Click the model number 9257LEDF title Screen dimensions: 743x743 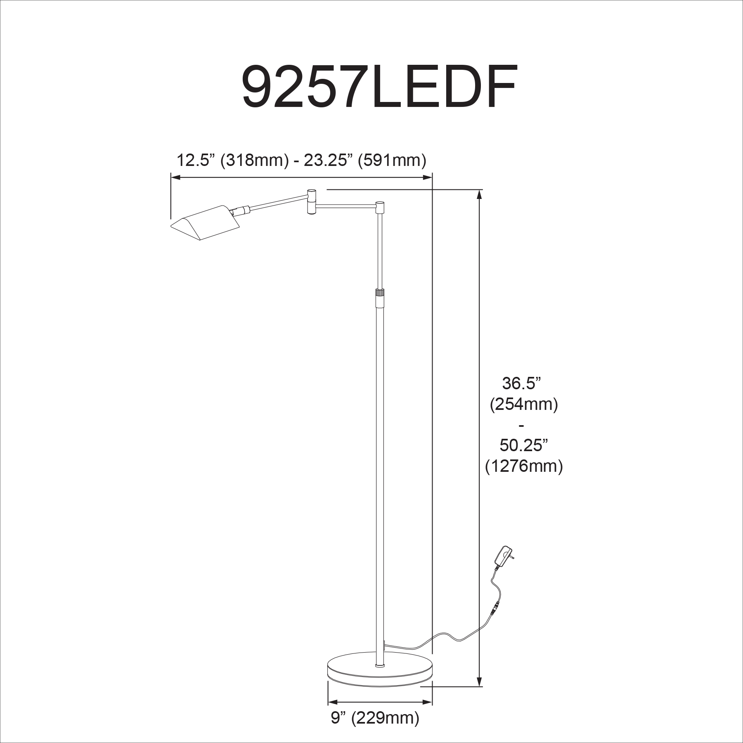[379, 86]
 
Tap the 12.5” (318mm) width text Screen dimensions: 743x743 [232, 160]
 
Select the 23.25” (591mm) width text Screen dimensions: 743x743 [365, 160]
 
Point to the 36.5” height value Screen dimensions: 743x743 [521, 383]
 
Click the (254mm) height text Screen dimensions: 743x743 [524, 405]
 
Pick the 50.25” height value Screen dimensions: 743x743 [524, 445]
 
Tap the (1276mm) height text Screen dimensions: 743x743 [524, 466]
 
